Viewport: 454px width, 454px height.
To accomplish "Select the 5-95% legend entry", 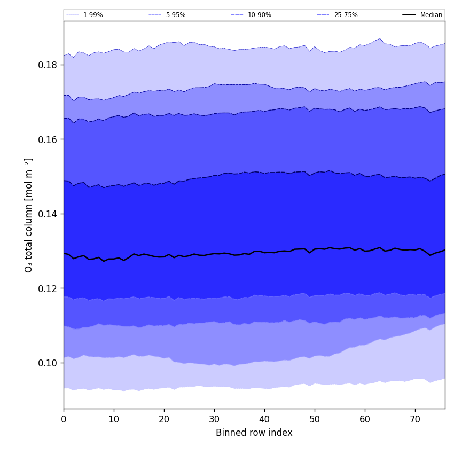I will coord(176,15).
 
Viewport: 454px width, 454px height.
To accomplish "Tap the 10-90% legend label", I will coord(259,15).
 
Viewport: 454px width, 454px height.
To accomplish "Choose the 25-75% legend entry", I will coord(346,15).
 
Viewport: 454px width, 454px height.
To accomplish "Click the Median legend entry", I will coord(431,15).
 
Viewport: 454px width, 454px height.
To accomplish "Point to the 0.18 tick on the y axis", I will coord(48,65).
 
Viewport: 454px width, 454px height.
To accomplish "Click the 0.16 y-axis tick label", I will coord(48,139).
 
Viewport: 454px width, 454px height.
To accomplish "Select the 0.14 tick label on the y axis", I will coord(48,214).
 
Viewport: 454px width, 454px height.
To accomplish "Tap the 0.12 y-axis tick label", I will coord(48,288).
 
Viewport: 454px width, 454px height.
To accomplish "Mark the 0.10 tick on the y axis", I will coord(48,363).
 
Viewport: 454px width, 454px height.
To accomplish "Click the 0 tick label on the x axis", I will coord(64,420).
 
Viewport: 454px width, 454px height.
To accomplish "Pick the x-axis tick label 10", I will coord(114,420).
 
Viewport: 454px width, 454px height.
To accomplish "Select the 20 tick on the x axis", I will coord(164,420).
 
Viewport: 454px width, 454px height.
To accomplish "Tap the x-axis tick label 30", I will coord(214,420).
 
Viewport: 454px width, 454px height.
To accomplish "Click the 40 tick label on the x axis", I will coord(264,420).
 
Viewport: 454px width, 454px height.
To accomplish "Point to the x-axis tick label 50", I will coord(315,420).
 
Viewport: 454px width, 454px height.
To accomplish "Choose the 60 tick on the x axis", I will coord(365,420).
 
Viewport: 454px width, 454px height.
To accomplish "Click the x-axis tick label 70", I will coord(415,420).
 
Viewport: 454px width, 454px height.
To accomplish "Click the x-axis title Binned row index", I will coord(254,433).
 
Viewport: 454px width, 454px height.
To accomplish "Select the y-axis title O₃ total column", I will coord(29,215).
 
